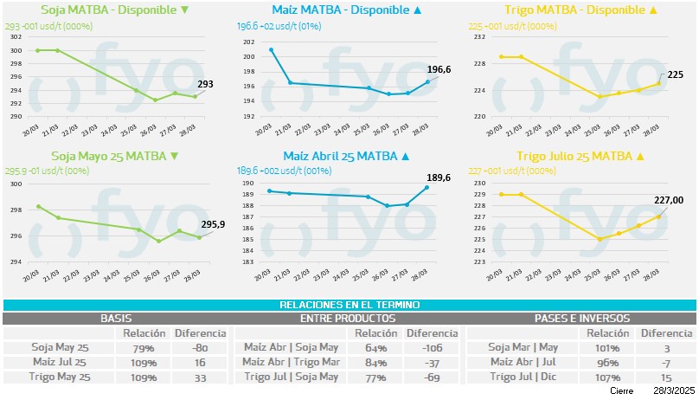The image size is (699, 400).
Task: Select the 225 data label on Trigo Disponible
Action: [676, 75]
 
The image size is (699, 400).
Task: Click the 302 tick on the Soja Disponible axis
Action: [16, 37]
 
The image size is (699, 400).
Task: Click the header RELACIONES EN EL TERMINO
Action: [349, 305]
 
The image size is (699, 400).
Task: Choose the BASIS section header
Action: [117, 319]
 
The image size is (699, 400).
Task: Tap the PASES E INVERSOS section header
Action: [581, 319]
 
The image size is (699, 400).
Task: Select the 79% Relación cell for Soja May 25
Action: [144, 348]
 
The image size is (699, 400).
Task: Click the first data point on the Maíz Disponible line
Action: [272, 49]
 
